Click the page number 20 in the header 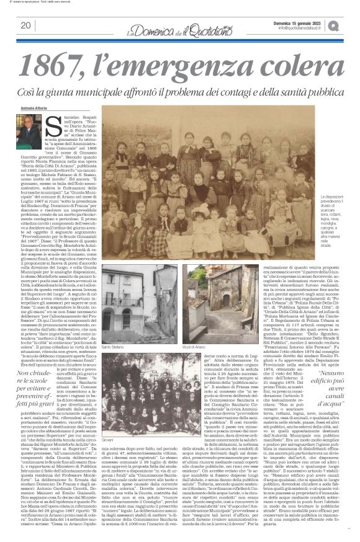[25, 25]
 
